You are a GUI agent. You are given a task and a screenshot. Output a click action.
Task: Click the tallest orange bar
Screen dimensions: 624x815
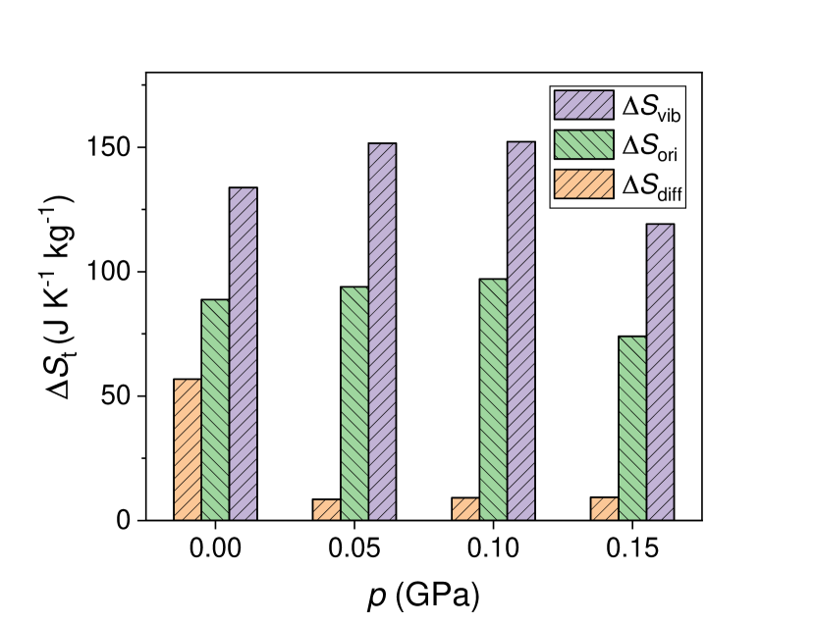tap(188, 449)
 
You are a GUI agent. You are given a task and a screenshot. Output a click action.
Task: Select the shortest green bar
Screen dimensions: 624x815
tap(632, 428)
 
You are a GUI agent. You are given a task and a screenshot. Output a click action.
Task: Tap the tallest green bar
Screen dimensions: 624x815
tap(493, 399)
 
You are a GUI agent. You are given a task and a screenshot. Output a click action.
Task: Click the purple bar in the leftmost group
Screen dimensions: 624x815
tap(243, 353)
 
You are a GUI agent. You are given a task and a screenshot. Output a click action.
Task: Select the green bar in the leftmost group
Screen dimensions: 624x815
tap(215, 409)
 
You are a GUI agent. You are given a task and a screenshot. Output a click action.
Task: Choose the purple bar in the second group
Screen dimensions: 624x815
tap(382, 332)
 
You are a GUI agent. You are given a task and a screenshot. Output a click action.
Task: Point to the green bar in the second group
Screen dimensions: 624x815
tap(354, 403)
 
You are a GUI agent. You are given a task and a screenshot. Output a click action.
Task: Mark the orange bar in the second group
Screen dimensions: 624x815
tap(327, 510)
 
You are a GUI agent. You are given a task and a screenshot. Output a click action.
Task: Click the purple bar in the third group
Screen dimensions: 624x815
tap(520, 331)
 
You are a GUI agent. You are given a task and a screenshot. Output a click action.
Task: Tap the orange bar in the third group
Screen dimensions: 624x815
tap(465, 509)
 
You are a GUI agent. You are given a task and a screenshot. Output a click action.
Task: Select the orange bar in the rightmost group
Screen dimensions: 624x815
tap(605, 508)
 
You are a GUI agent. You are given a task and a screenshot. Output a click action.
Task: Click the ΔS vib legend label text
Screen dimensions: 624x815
tap(653, 106)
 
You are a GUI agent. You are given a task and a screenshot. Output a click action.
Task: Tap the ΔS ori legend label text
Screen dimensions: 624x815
tap(653, 145)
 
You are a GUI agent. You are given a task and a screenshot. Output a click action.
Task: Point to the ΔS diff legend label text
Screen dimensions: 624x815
tap(653, 185)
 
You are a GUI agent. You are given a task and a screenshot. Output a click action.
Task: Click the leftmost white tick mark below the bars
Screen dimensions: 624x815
tap(146, 524)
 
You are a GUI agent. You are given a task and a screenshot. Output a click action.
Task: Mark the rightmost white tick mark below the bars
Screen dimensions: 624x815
tap(702, 524)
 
